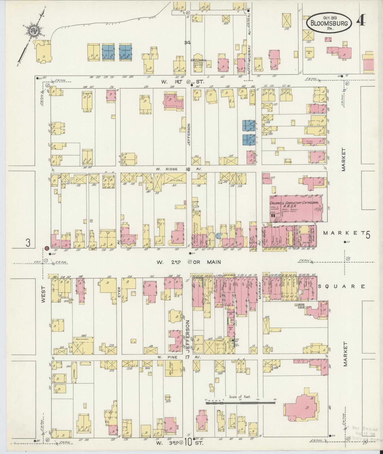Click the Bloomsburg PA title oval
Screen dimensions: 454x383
tap(329, 23)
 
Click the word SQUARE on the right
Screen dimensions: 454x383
tap(341, 286)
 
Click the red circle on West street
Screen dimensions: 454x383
tap(47, 248)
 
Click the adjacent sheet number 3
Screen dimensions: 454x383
tap(28, 242)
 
